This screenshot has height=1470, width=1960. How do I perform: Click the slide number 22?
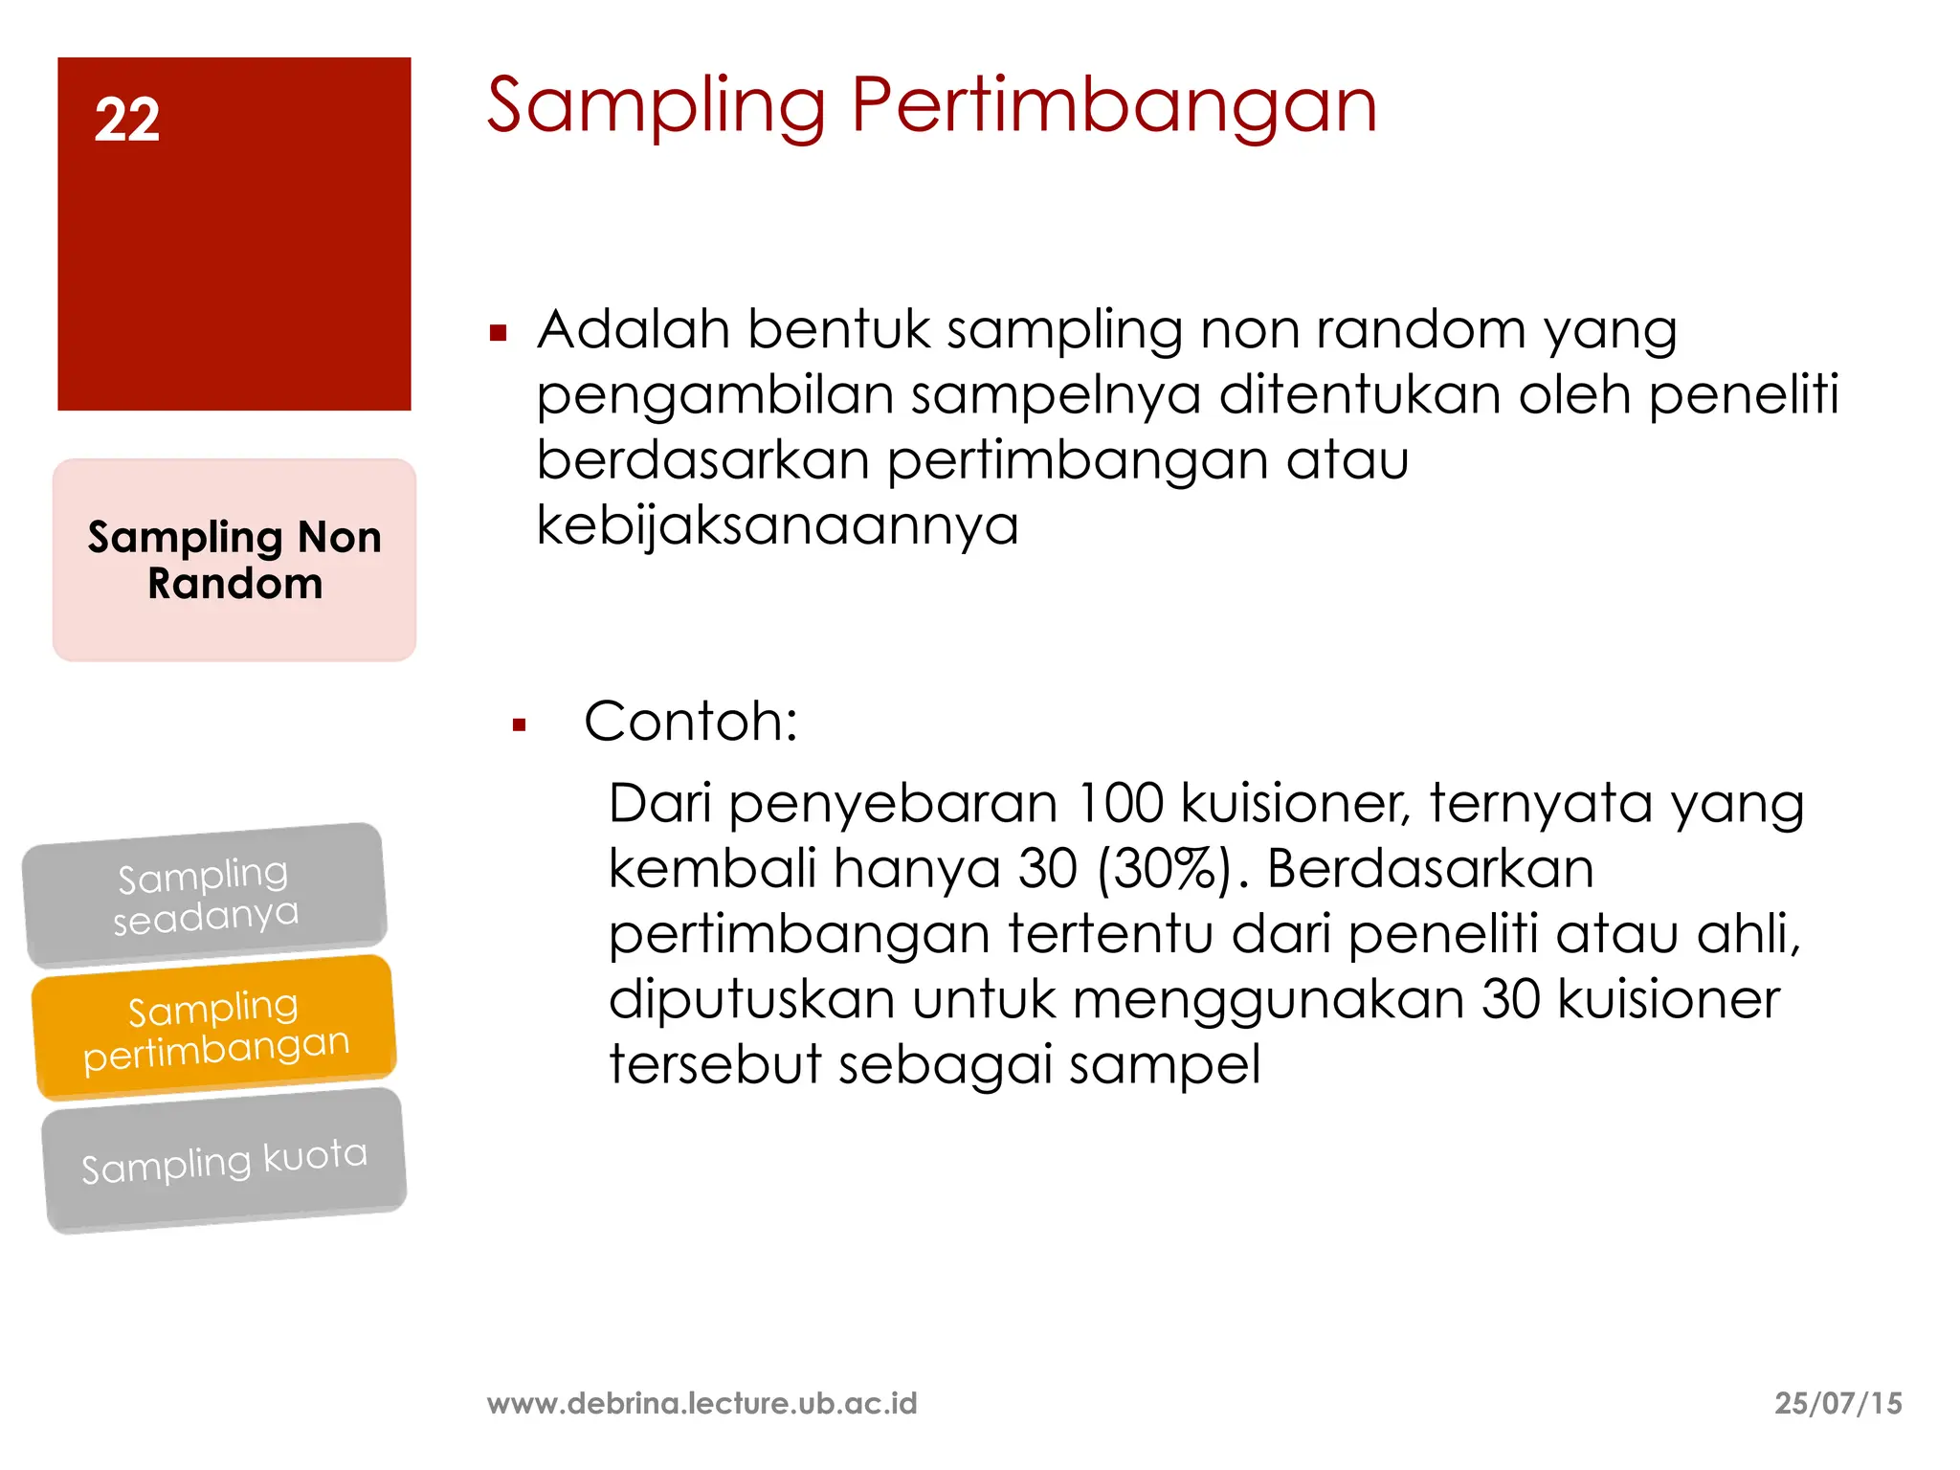click(127, 121)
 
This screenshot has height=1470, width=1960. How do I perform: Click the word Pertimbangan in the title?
click(1113, 105)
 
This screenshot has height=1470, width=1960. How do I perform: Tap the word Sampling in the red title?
click(656, 105)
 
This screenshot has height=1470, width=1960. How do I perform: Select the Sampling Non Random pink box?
click(234, 560)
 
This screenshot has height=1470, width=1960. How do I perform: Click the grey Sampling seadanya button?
click(205, 895)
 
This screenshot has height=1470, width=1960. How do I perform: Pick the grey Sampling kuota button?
click(224, 1161)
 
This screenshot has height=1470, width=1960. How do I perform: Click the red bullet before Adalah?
click(498, 334)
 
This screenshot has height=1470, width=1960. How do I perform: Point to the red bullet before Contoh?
click(520, 725)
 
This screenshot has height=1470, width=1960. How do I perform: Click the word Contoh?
click(691, 721)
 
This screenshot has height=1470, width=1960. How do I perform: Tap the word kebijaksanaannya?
click(777, 525)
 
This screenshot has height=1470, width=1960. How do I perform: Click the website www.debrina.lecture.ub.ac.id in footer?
click(702, 1403)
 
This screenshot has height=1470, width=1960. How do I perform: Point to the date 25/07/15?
click(1837, 1403)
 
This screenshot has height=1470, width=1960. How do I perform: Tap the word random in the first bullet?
click(1420, 329)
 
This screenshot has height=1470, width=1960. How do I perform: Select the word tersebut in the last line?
click(714, 1064)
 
